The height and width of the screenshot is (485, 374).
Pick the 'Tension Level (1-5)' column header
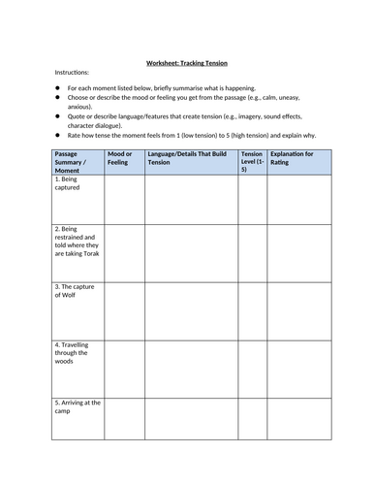click(x=252, y=162)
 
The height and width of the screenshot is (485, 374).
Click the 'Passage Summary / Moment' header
click(x=75, y=162)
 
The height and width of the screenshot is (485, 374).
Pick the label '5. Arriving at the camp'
click(x=74, y=406)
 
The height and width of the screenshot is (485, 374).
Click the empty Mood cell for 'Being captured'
click(x=123, y=199)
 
